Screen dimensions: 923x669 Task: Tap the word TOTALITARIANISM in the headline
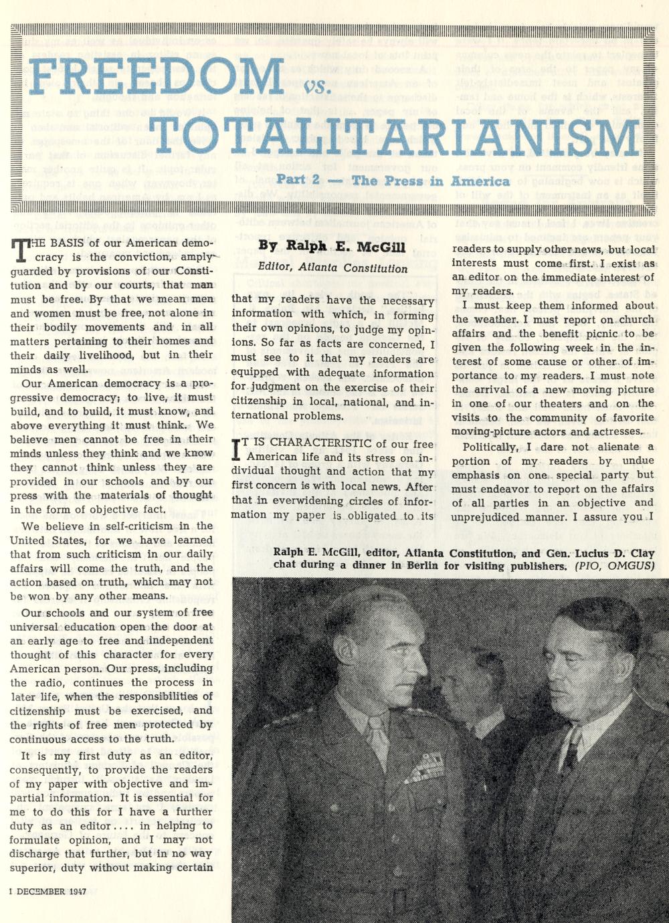[x=395, y=137]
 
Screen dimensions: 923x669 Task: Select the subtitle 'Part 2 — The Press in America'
[x=393, y=181]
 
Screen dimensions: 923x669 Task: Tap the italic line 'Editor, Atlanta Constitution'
[x=332, y=268]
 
